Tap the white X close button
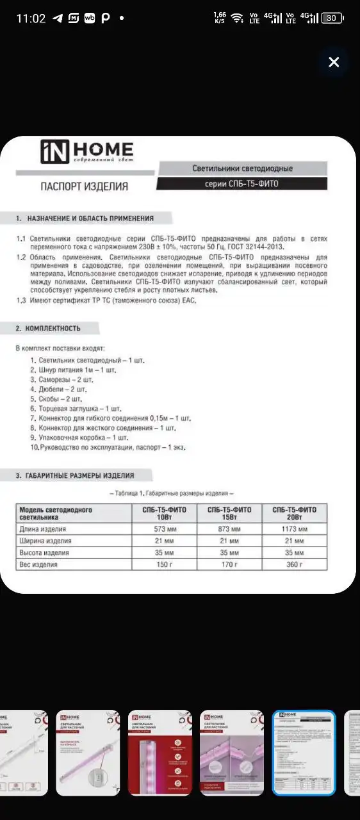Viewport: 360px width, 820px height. pos(334,62)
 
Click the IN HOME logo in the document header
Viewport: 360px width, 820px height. pos(87,152)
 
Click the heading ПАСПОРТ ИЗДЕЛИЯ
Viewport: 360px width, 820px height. pos(84,186)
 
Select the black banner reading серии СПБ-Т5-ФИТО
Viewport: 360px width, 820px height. pos(241,184)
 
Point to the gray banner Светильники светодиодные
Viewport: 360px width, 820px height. pos(242,168)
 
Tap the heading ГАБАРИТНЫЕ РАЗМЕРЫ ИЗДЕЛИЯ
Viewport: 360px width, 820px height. pos(80,475)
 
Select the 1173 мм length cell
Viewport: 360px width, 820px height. pos(294,529)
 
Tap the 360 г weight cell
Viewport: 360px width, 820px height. pos(294,564)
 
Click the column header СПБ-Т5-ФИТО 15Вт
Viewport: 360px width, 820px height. pos(229,513)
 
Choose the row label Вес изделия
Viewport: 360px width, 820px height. pos(39,564)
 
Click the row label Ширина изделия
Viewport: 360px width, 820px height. pos(44,541)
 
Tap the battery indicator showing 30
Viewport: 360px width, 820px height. pos(332,18)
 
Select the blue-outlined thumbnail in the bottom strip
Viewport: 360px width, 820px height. pos(304,753)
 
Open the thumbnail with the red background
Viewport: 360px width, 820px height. pos(160,753)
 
